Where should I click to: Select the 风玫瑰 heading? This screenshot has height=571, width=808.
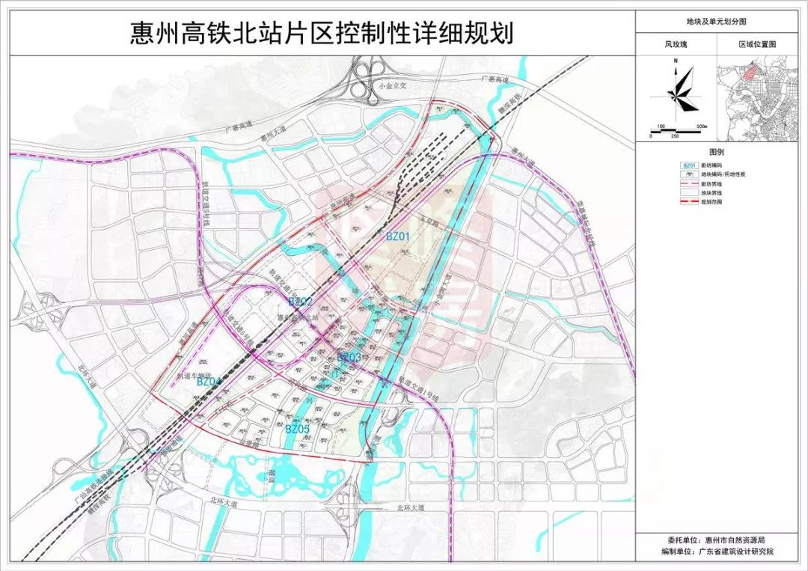pos(676,45)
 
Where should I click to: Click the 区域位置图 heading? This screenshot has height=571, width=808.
pos(757,45)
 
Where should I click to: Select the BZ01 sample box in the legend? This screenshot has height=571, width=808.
pos(690,165)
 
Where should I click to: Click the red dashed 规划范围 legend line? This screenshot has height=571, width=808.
pos(690,202)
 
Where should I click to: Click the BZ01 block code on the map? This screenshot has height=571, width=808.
pos(398,236)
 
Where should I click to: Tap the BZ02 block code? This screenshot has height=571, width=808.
pos(299,301)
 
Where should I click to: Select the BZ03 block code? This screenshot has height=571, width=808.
pos(349,358)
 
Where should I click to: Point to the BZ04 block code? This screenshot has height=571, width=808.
pos(209,382)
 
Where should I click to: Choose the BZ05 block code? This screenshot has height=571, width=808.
pos(298,429)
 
